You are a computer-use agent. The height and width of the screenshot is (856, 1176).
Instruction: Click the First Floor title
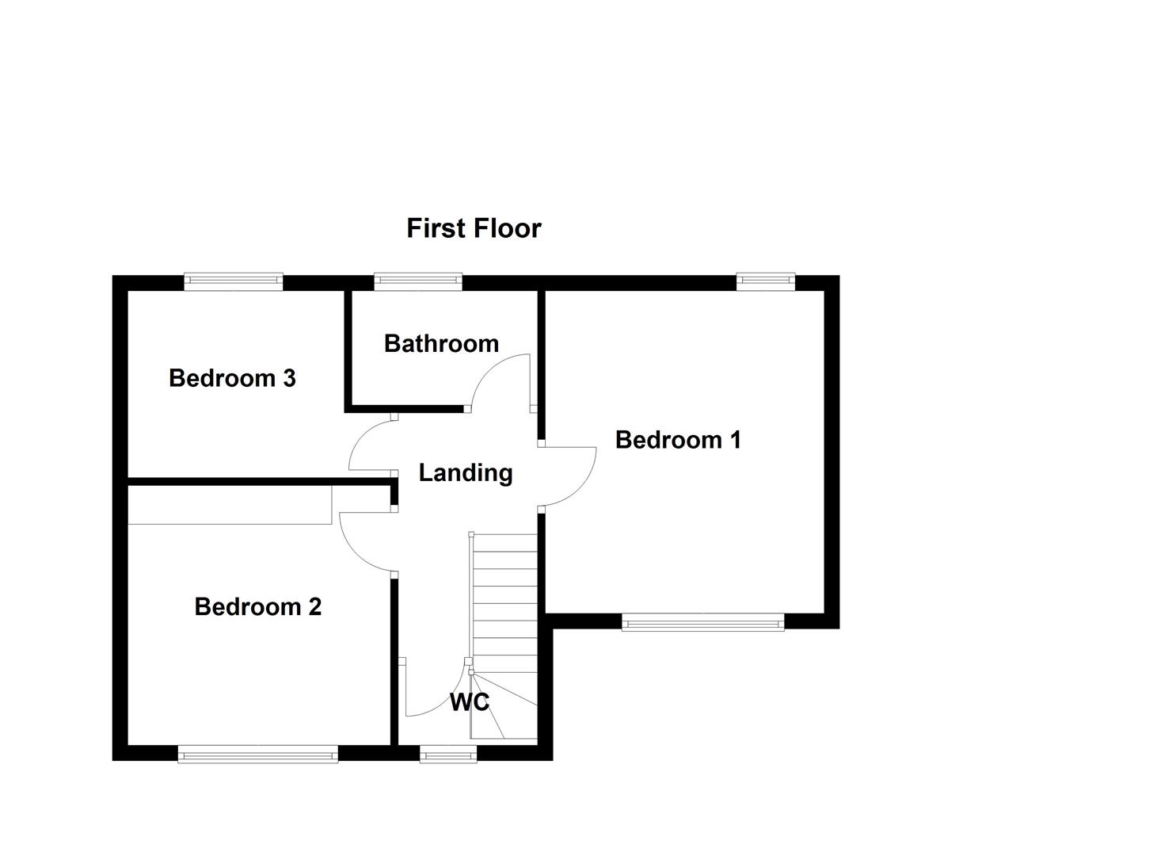coord(474,228)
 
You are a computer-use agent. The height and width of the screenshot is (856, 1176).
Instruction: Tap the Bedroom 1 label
coord(678,440)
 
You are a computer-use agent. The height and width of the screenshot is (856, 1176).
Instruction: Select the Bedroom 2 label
coord(257,606)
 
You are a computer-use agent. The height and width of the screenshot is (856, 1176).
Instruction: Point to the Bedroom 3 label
coord(232,378)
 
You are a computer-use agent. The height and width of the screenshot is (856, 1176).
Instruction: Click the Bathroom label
coord(441,343)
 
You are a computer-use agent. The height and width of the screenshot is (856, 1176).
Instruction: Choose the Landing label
coord(466,472)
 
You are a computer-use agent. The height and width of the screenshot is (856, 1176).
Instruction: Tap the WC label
coord(470,702)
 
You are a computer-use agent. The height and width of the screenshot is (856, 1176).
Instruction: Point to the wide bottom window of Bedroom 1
coord(702,623)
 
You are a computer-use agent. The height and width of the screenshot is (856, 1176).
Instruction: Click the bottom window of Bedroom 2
coord(258,755)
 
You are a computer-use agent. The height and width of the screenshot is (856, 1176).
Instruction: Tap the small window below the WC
coord(448,755)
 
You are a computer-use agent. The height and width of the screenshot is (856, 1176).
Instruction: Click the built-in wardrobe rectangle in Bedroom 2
coord(230,505)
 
